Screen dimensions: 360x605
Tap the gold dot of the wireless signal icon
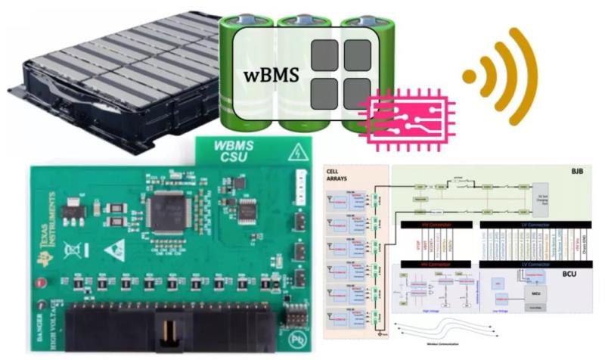[470, 76]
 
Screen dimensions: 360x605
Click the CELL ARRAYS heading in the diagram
[340, 175]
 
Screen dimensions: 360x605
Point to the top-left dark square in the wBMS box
[325, 57]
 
